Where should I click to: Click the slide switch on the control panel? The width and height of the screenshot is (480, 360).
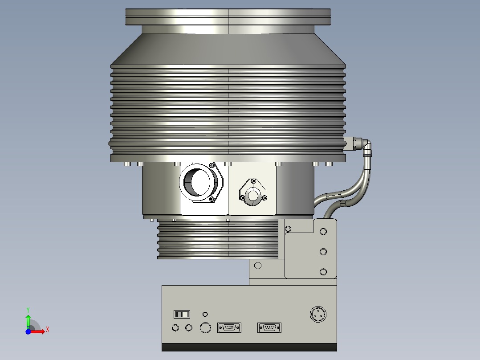[x=182, y=315]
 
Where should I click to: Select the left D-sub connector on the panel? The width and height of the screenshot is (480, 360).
[x=229, y=328]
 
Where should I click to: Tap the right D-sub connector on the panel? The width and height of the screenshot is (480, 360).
[x=269, y=328]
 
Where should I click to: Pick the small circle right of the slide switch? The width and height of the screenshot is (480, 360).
[x=205, y=314]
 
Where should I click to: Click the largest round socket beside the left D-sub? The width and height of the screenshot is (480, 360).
[x=205, y=328]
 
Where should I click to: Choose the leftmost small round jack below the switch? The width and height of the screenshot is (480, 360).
[x=175, y=328]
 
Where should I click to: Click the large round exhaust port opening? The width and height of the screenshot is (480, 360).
[x=195, y=182]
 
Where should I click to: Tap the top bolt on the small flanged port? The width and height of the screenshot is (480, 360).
[x=253, y=181]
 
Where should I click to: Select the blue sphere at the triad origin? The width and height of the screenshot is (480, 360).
[x=28, y=331]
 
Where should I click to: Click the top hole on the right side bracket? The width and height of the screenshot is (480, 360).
[x=323, y=231]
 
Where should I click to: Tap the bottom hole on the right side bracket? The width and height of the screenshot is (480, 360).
[x=323, y=271]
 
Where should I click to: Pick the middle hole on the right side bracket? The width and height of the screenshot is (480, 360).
[x=323, y=251]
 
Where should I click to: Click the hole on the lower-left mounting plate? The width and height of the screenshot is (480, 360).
[x=257, y=266]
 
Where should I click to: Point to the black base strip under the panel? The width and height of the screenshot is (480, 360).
[x=249, y=347]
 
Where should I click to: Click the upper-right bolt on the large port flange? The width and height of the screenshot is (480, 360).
[x=212, y=165]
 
